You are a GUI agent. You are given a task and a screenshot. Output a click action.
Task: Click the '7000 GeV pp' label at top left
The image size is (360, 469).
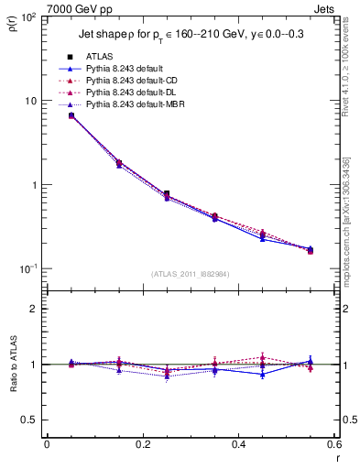click(x=40, y=8)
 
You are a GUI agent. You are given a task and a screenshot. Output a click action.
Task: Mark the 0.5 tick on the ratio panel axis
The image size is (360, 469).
click(x=30, y=420)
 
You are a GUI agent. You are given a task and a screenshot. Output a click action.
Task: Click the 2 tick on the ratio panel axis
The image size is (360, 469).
click(x=35, y=309)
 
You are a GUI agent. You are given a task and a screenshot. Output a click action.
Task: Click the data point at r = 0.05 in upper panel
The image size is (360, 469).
click(x=71, y=115)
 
